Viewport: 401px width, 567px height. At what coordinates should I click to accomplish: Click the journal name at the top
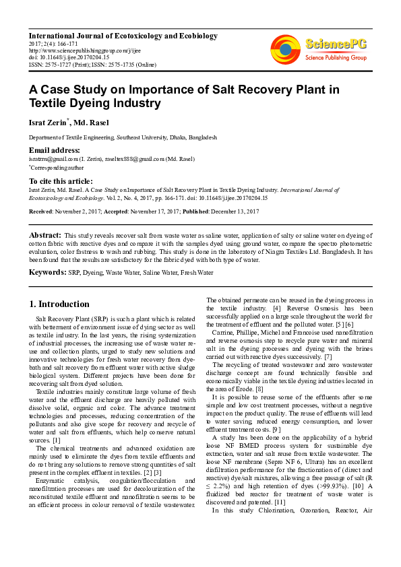(x=123, y=35)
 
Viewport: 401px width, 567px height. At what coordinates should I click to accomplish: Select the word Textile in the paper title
(x=53, y=104)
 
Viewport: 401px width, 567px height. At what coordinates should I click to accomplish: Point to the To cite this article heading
(x=60, y=181)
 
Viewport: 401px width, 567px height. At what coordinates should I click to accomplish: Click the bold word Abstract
(x=45, y=234)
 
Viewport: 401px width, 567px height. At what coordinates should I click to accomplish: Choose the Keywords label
(x=47, y=272)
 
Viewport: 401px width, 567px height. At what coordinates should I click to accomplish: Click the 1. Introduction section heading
(x=59, y=304)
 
